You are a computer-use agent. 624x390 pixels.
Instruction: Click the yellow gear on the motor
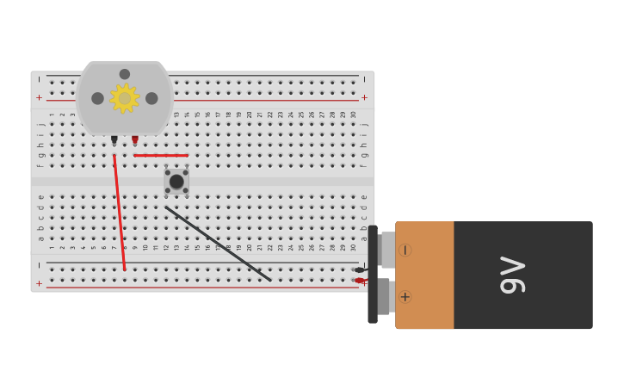coord(125,98)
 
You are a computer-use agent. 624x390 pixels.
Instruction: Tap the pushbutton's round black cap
coord(176,182)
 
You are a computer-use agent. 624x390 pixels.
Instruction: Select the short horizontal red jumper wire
coord(161,156)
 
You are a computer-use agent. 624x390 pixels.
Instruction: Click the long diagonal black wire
coord(219,244)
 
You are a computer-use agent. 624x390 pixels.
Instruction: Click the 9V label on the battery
coord(512,275)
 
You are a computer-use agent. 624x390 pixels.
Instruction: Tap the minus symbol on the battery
coord(405,250)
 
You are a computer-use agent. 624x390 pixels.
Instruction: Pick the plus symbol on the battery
coord(405,297)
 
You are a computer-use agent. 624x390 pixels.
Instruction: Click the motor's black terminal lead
coord(114,139)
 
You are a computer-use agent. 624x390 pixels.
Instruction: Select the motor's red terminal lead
coord(135,139)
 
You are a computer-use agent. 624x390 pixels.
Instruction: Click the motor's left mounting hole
coord(98,98)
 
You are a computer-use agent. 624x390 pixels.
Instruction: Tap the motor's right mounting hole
coord(151,98)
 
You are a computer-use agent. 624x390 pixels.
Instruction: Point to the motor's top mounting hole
coord(125,74)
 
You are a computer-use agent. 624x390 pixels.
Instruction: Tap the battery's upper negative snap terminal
coord(386,250)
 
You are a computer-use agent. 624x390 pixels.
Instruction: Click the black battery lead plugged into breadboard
coord(359,270)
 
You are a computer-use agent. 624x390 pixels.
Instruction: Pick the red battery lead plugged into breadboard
coord(359,281)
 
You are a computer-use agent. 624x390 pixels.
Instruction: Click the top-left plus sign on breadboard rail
coord(39,98)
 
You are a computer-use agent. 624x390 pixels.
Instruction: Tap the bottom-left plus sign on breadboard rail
coord(39,283)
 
